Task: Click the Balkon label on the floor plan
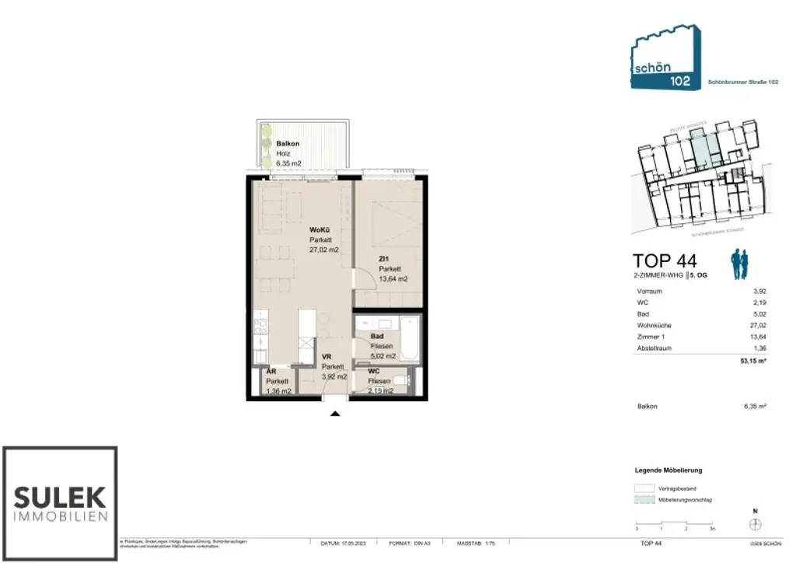(288, 144)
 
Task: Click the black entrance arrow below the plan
(335, 414)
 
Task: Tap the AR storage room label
(271, 372)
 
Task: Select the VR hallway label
(327, 357)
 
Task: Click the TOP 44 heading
(665, 261)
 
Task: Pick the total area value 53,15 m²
(752, 361)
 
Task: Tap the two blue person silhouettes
(738, 265)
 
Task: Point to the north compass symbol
(754, 525)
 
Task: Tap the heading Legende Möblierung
(669, 470)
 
